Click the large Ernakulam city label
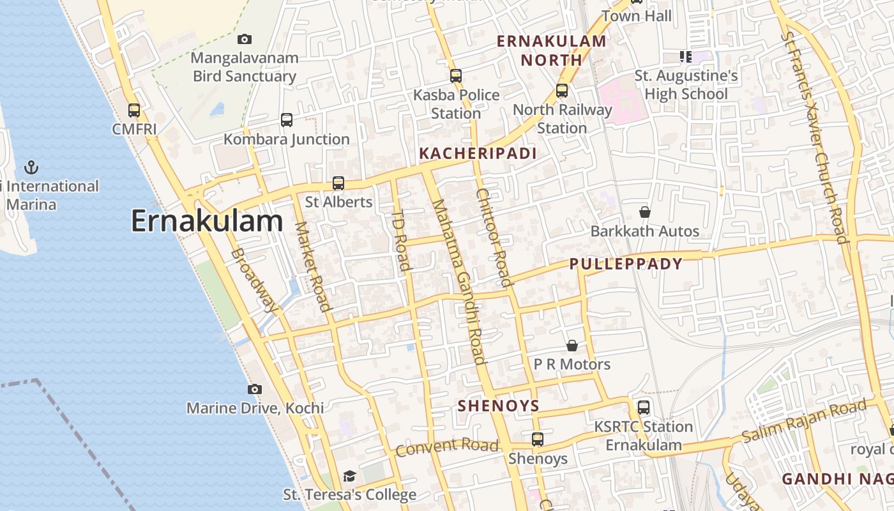point(207,222)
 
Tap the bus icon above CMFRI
point(134,110)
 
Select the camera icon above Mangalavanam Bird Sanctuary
point(244,40)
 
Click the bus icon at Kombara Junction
point(287,119)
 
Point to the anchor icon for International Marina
point(31,167)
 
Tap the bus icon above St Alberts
point(338,183)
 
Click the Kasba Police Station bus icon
point(456,76)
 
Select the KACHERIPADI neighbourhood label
point(478,153)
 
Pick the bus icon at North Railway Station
point(562,91)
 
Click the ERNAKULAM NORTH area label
point(551,50)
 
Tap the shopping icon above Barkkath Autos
point(645,212)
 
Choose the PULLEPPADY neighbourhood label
point(626,264)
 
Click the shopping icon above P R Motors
point(572,346)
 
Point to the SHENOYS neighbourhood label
point(499,406)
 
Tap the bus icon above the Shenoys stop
point(538,439)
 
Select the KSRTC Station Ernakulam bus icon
point(644,408)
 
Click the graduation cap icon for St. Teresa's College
point(349,476)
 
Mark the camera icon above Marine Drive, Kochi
point(254,389)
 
